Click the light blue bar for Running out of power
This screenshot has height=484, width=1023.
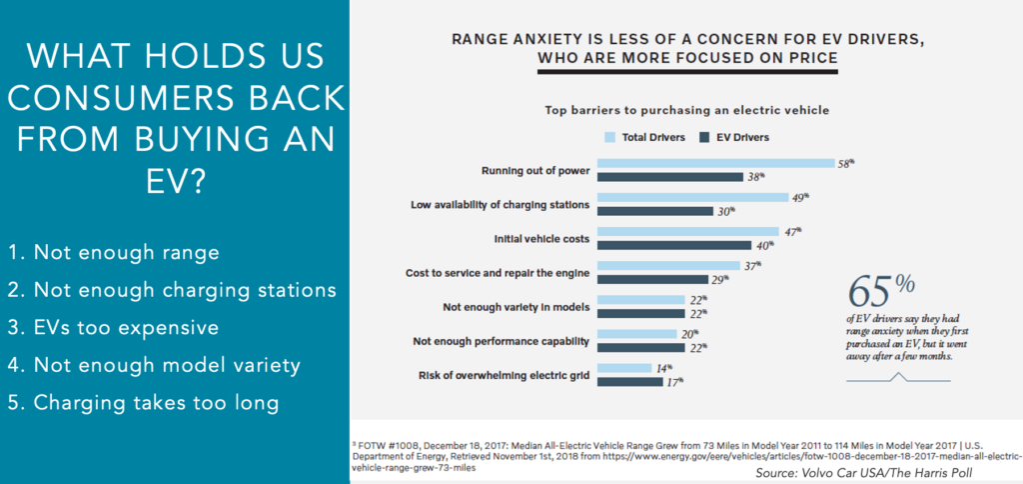coord(715,163)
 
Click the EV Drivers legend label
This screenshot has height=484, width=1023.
coord(745,136)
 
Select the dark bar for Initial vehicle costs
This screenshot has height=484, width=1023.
coord(675,245)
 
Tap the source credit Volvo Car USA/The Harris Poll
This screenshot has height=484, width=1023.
coord(885,471)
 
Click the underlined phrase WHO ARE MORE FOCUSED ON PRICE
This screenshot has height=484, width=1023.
coord(687,59)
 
